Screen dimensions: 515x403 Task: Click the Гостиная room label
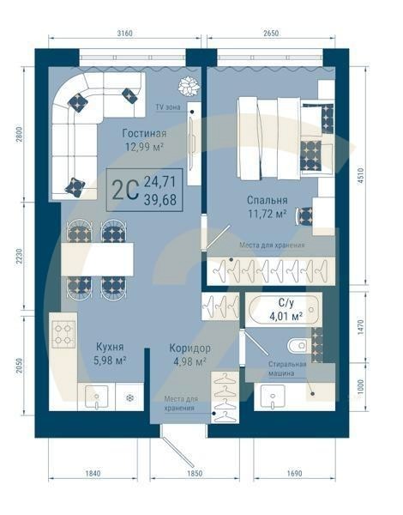[x=143, y=133]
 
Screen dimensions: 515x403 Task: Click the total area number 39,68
[x=160, y=199]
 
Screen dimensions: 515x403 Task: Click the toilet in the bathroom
[x=297, y=346]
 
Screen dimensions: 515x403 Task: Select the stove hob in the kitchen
[x=63, y=333]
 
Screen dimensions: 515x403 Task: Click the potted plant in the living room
[x=187, y=85]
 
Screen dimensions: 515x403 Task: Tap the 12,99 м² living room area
[x=143, y=147]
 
